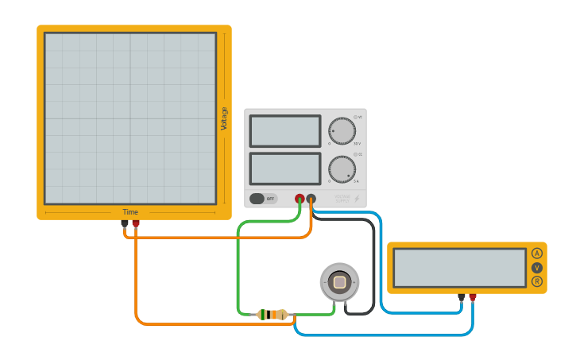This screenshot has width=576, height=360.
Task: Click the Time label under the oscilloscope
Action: (130, 212)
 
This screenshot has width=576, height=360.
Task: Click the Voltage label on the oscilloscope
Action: (224, 118)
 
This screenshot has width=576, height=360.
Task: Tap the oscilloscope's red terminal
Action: (136, 223)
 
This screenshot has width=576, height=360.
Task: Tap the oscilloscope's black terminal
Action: (125, 223)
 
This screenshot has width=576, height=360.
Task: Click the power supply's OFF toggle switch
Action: (263, 199)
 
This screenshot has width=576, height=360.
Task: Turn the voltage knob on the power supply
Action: (342, 131)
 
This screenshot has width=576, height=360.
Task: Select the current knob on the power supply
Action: (342, 169)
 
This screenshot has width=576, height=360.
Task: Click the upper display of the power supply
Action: (285, 131)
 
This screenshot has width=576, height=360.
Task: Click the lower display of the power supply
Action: (285, 168)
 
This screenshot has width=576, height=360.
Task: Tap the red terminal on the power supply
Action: (300, 199)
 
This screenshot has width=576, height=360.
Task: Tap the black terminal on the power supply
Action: (311, 199)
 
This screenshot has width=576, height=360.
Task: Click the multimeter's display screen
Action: (459, 268)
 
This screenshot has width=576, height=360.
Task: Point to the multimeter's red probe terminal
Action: (473, 297)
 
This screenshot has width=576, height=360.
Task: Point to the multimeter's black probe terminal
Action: (462, 297)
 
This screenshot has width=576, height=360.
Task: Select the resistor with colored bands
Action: (273, 315)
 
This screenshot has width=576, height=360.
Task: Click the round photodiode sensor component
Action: (339, 282)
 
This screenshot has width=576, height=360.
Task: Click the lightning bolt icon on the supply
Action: (357, 198)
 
